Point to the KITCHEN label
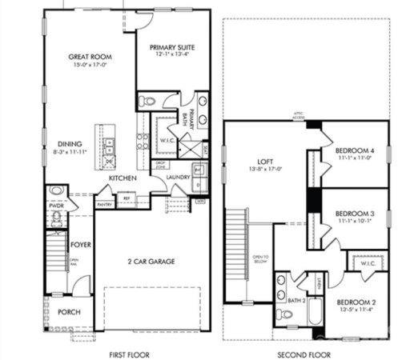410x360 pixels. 123,178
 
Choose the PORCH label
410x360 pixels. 69,311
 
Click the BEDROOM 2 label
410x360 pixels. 356,282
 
